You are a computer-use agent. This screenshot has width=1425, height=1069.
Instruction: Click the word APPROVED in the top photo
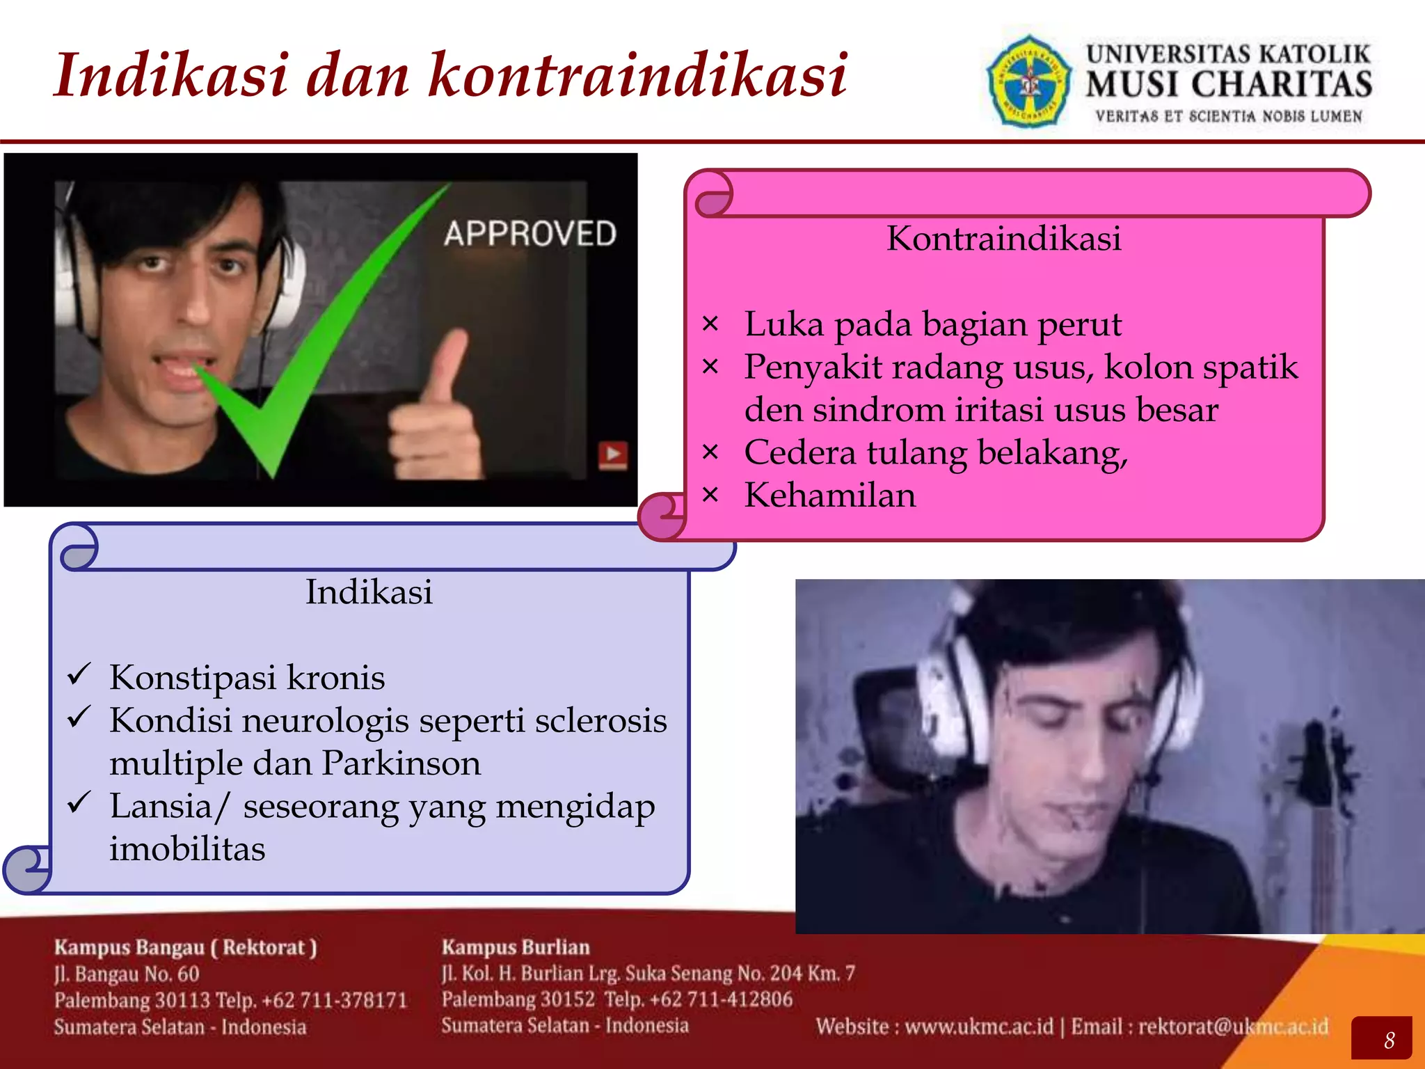pos(530,233)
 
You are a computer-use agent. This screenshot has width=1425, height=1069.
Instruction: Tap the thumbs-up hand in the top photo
pos(435,411)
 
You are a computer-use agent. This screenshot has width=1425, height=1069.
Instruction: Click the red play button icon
pos(613,455)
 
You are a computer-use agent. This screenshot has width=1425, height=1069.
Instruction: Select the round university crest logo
pos(1029,82)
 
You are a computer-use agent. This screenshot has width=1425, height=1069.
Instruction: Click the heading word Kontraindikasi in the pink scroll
pos(1003,239)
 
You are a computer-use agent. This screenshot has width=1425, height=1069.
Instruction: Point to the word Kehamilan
pos(829,496)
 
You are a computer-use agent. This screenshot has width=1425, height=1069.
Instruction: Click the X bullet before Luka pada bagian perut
pos(710,324)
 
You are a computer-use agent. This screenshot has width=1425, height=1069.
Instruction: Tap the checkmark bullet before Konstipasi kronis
pos(79,675)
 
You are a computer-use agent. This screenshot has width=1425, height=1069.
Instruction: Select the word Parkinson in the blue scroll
pos(401,763)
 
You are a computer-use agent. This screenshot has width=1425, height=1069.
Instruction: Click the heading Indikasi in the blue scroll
pos(369,592)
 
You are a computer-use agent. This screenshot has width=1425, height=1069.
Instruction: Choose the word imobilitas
pos(187,849)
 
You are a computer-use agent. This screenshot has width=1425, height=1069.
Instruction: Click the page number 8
pos(1389,1040)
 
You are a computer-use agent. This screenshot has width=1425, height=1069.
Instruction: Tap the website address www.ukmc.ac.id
pos(979,1027)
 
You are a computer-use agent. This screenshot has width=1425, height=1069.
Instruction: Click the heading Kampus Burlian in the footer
pos(516,947)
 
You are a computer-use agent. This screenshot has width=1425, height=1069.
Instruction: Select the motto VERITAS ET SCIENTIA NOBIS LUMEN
pos(1228,117)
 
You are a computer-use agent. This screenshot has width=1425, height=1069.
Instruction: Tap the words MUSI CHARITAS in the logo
pos(1228,84)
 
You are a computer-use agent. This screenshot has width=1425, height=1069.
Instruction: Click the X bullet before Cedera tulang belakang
pos(710,452)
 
